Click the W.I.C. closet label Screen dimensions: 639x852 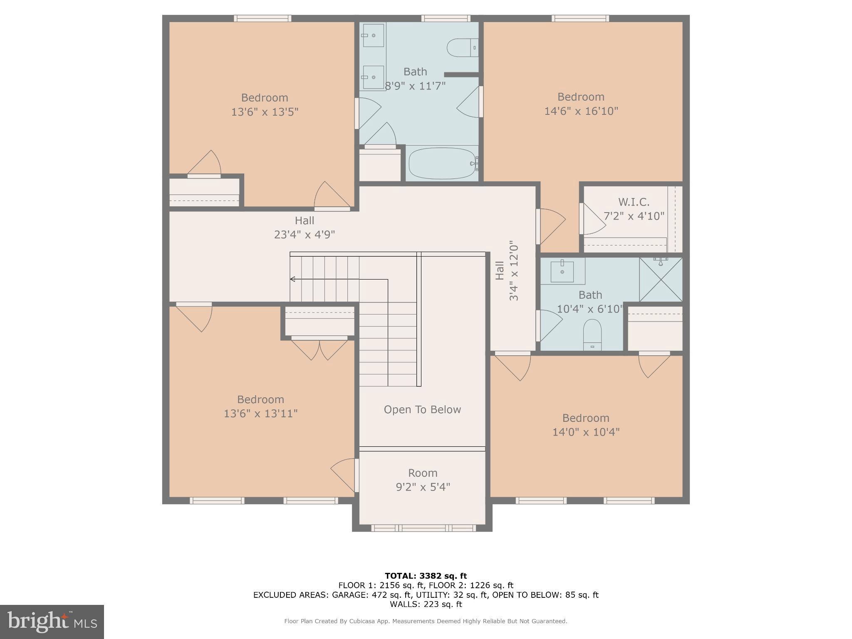pyautogui.click(x=634, y=202)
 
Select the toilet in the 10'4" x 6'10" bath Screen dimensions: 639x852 pyautogui.click(x=592, y=334)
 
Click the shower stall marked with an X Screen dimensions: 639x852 pyautogui.click(x=661, y=280)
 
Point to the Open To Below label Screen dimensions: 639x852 pyautogui.click(x=422, y=410)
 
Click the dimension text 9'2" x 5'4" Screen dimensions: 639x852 pyautogui.click(x=423, y=487)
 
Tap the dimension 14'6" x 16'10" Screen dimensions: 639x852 pyautogui.click(x=581, y=111)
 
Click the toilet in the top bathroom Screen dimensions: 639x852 pyautogui.click(x=462, y=47)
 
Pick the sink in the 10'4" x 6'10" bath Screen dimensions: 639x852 pyautogui.click(x=562, y=271)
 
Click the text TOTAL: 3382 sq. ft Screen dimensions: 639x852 pyautogui.click(x=426, y=576)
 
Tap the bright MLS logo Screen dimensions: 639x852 pyautogui.click(x=52, y=622)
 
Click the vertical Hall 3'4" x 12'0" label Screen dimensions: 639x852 pyautogui.click(x=507, y=270)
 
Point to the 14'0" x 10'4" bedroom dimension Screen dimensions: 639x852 pyautogui.click(x=586, y=432)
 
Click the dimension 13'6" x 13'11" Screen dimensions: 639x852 pyautogui.click(x=260, y=414)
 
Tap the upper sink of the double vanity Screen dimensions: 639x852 pyautogui.click(x=373, y=35)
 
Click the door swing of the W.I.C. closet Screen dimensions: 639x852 pyautogui.click(x=593, y=219)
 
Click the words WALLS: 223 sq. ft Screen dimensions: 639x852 pyautogui.click(x=426, y=604)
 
